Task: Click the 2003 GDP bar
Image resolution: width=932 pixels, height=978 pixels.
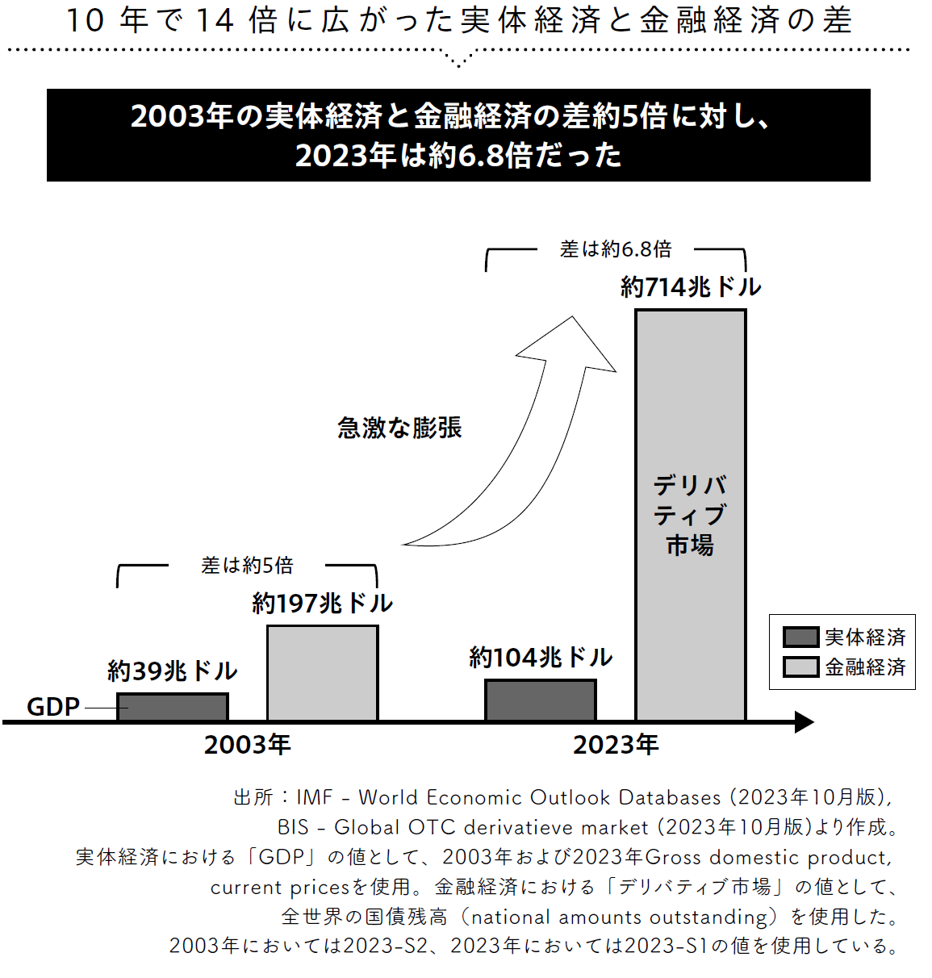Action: click(x=173, y=707)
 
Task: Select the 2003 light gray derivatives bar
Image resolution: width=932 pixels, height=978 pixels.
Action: click(x=322, y=673)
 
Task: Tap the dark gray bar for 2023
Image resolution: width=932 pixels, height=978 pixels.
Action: click(x=541, y=700)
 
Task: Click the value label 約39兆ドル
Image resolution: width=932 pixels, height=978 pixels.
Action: click(x=173, y=671)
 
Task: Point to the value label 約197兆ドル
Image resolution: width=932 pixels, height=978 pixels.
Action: click(x=322, y=603)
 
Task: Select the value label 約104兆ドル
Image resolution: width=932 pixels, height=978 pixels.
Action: click(x=541, y=658)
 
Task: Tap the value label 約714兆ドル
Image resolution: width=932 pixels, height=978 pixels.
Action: click(x=691, y=286)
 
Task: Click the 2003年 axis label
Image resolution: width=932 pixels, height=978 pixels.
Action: click(x=247, y=744)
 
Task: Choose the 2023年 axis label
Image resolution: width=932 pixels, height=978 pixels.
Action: click(x=616, y=744)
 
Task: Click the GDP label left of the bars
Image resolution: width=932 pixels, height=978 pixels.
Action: click(x=53, y=707)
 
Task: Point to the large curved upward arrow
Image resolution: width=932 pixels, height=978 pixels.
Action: click(x=525, y=452)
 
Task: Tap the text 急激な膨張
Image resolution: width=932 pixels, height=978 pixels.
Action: click(x=399, y=428)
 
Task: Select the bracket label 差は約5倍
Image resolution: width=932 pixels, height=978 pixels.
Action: click(x=247, y=566)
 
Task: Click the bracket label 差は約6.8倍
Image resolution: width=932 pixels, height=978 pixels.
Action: click(x=616, y=249)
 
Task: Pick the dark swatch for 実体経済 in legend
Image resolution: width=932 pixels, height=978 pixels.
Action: click(x=800, y=637)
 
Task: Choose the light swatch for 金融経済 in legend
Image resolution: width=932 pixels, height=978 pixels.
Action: click(x=800, y=667)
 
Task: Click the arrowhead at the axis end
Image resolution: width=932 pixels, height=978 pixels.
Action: click(x=805, y=722)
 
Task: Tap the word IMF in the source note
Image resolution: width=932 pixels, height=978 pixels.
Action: click(x=315, y=797)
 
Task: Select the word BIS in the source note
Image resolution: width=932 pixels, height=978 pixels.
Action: click(x=293, y=827)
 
